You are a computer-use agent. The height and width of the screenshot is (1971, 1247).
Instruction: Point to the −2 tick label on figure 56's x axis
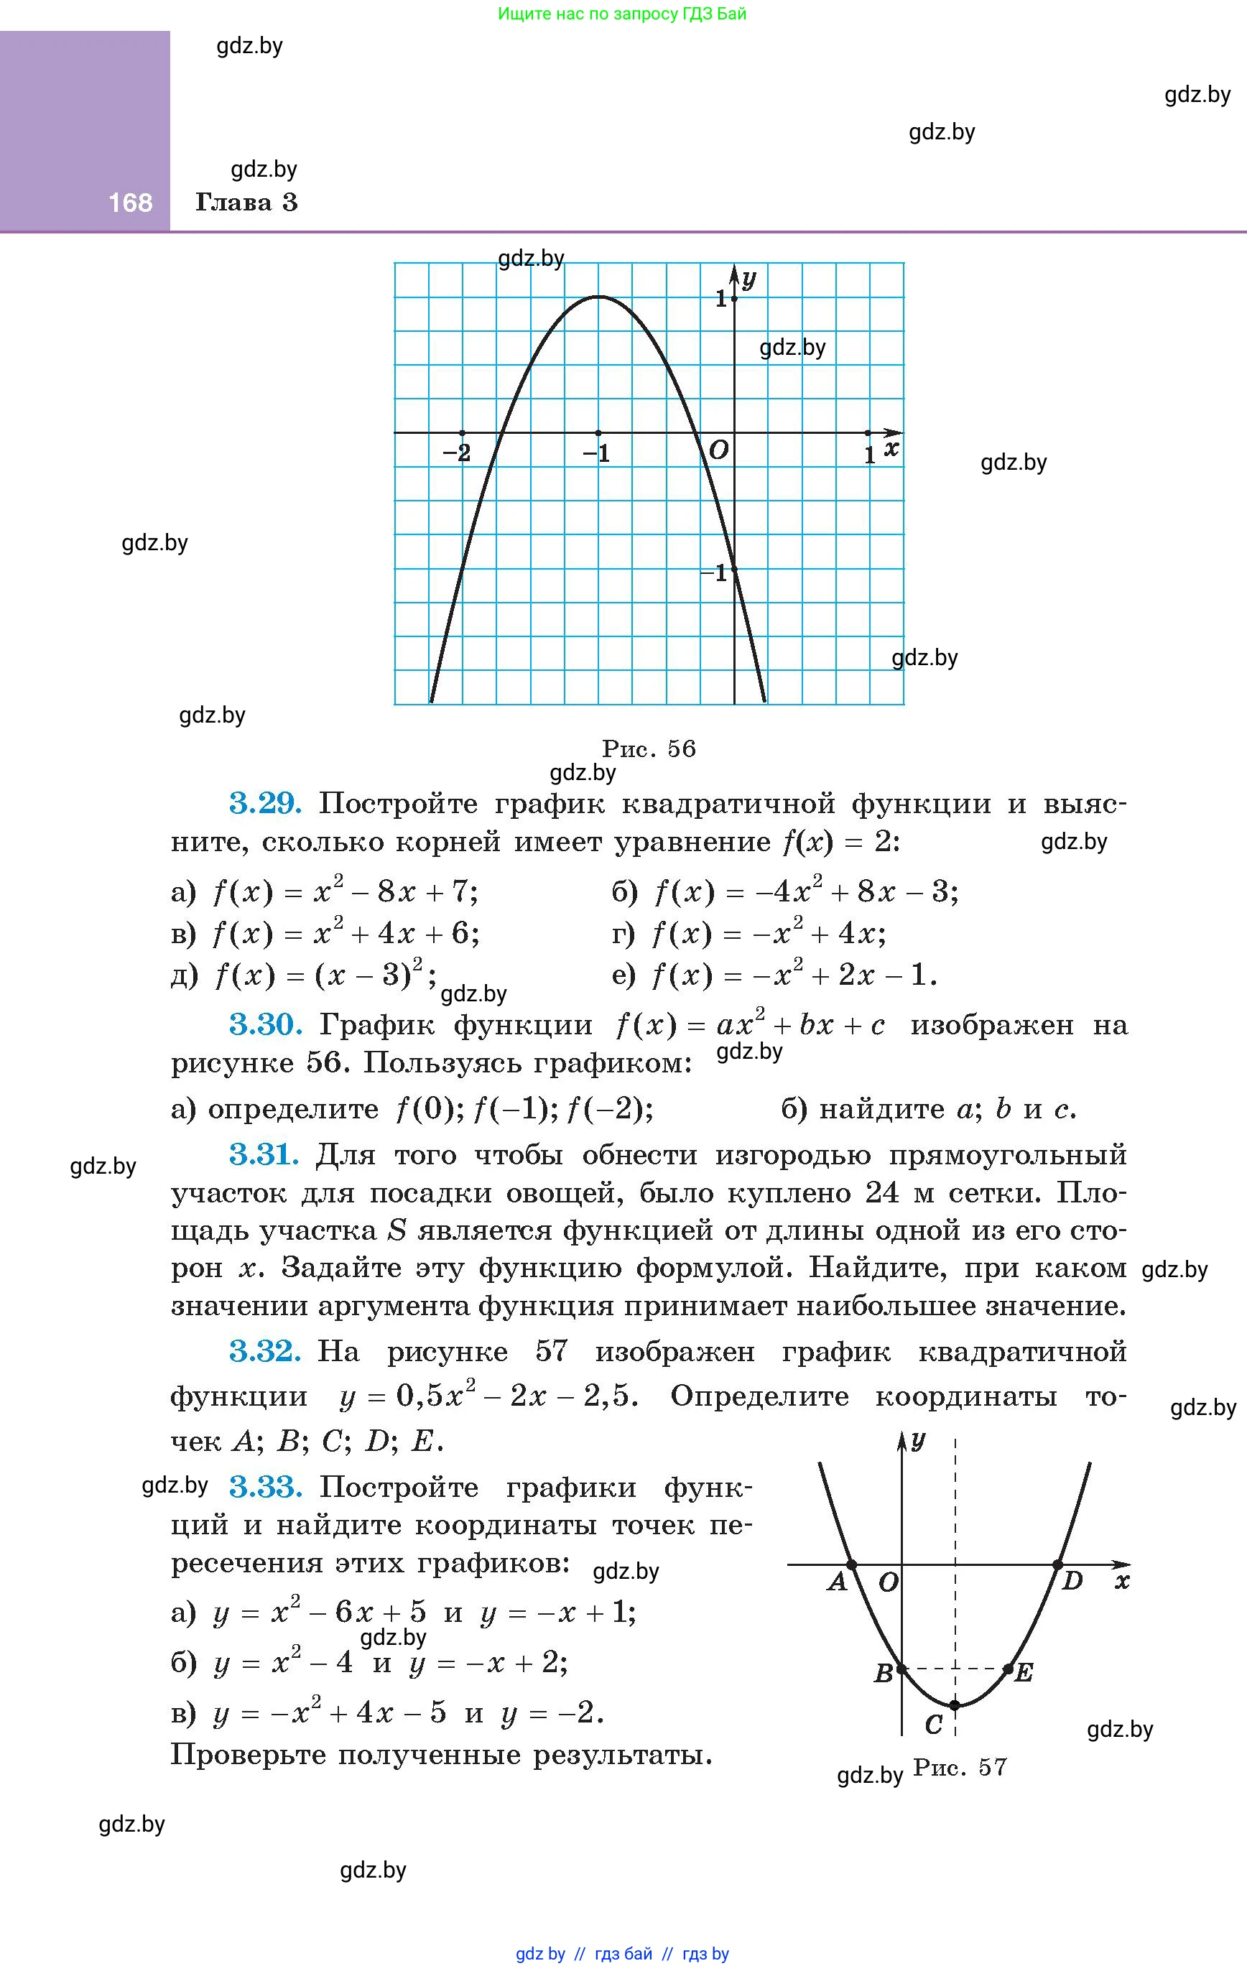[457, 453]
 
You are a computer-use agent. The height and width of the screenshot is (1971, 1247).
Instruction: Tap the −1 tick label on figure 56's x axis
[597, 453]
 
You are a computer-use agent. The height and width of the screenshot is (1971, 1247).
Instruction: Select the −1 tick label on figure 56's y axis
[714, 573]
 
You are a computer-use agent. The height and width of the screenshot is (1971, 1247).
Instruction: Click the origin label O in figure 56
[718, 450]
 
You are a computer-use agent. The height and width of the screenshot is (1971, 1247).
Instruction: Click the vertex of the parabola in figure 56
[598, 297]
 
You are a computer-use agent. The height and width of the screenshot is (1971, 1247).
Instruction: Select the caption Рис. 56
[649, 748]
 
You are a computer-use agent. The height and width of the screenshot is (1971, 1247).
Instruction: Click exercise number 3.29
[265, 804]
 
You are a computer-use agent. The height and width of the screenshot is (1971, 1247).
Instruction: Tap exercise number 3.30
[265, 1024]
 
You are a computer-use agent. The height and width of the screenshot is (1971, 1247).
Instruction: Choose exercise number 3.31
[264, 1154]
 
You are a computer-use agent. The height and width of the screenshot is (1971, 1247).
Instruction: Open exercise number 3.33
[265, 1485]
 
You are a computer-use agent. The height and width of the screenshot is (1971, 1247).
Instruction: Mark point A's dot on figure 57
[851, 1564]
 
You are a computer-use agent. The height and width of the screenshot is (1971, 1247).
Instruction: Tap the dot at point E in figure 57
[1008, 1668]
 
